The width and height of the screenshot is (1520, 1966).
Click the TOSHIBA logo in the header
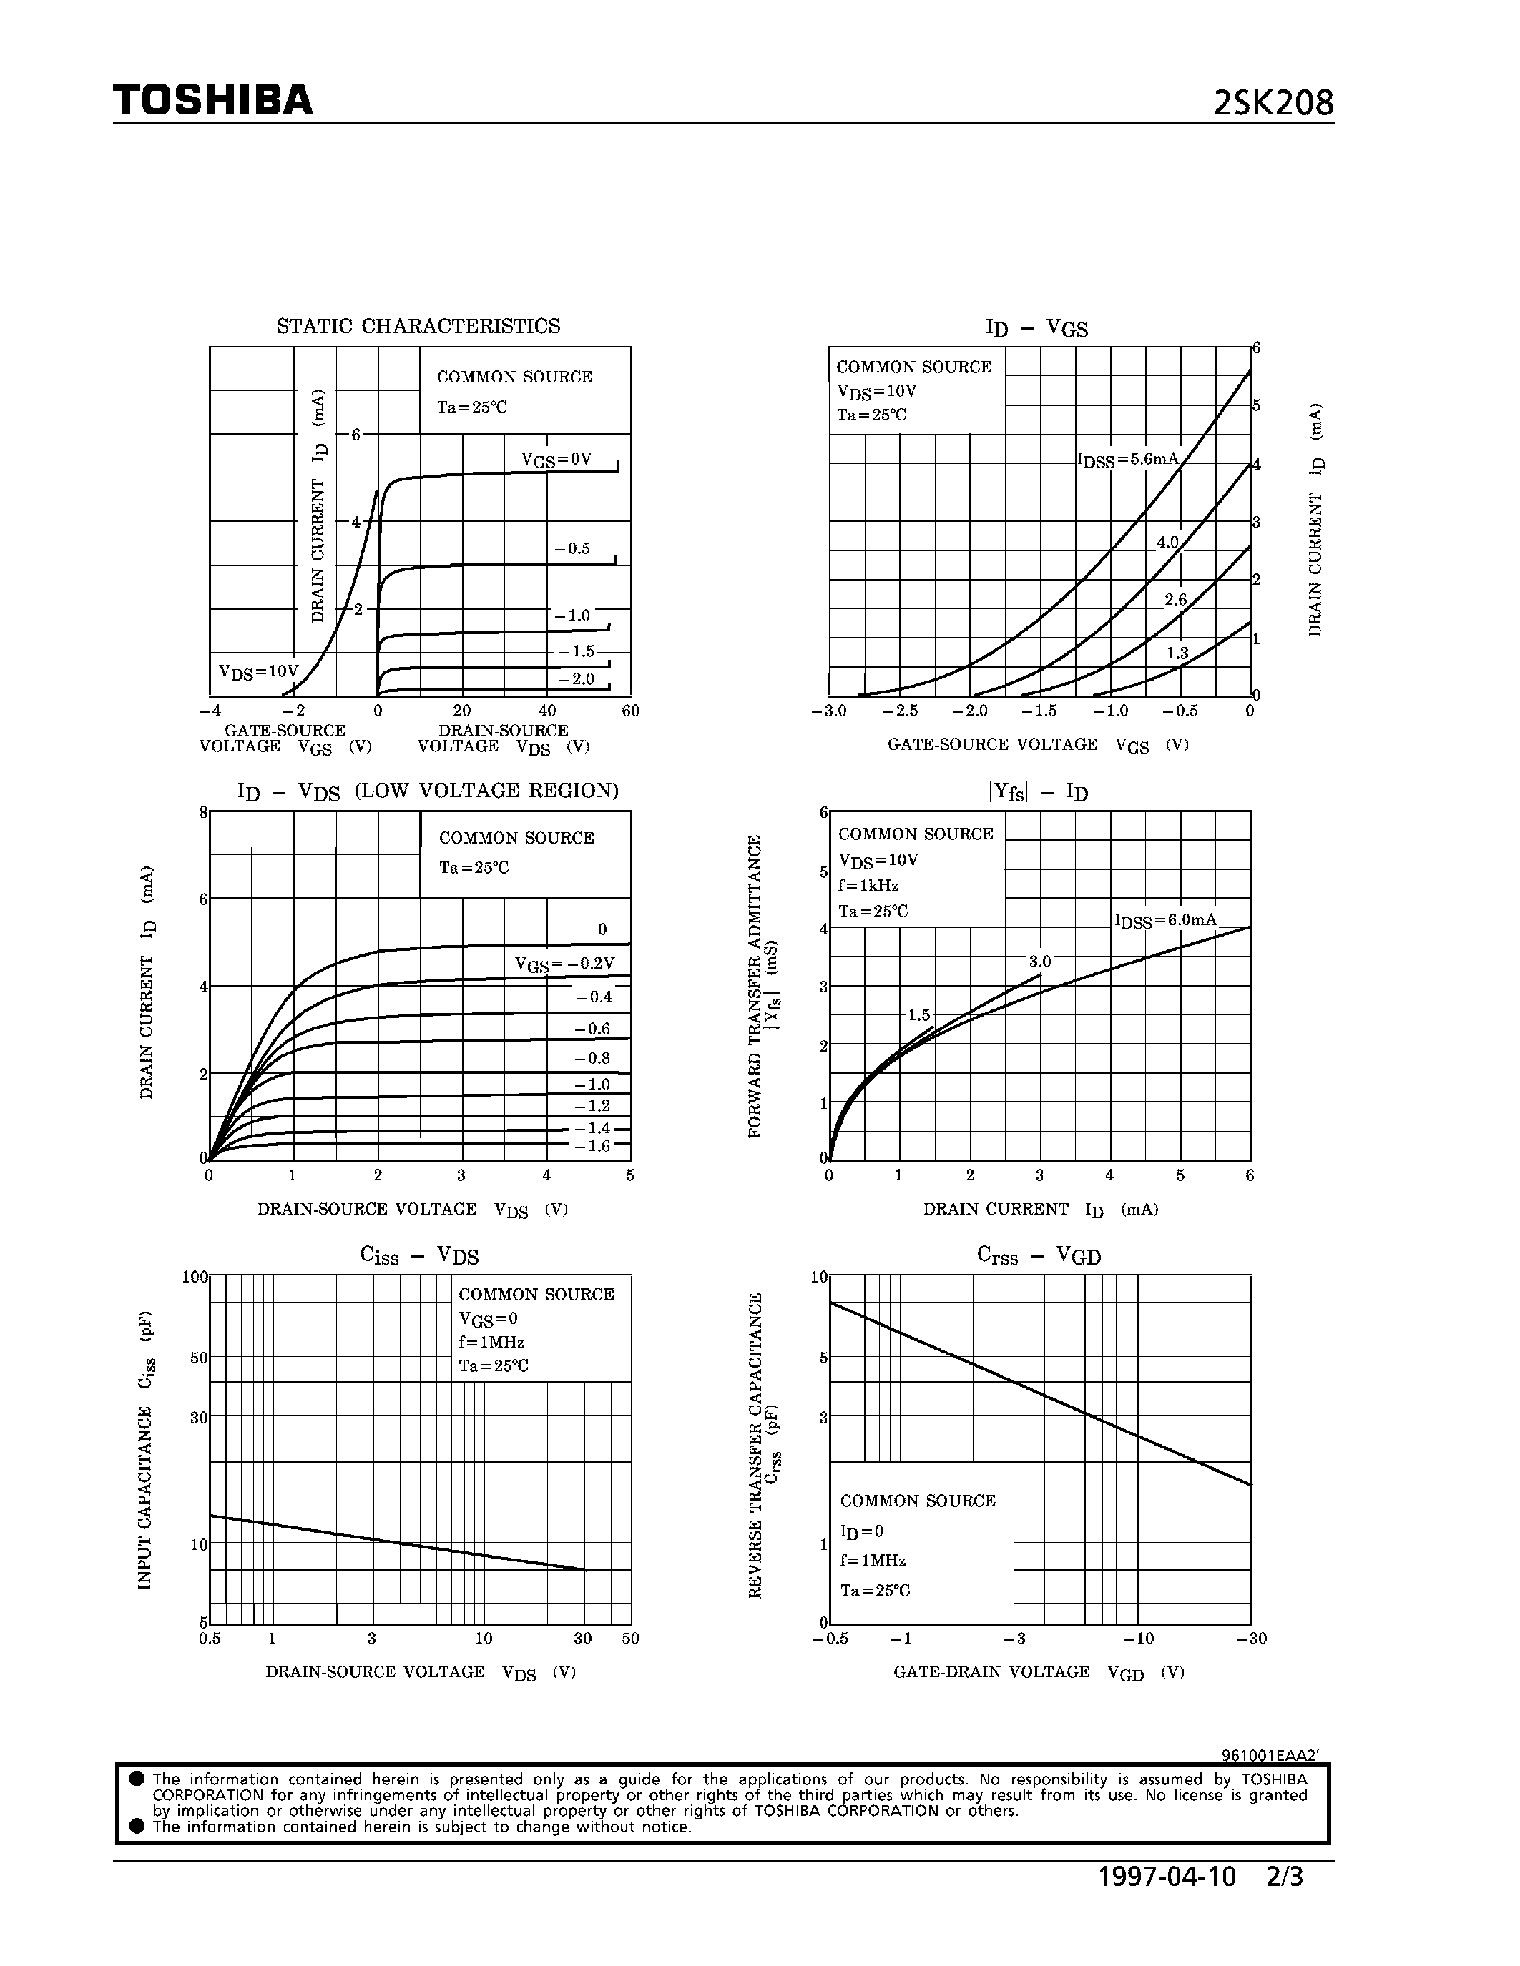tap(212, 100)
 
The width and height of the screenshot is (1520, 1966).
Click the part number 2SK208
tap(1273, 104)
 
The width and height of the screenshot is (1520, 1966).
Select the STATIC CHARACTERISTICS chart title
tap(418, 326)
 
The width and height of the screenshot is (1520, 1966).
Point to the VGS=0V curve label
tap(556, 460)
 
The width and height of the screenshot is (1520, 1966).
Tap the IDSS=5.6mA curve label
tap(1128, 460)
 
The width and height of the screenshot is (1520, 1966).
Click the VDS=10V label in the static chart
tap(258, 671)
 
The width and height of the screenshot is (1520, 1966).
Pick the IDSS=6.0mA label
tap(1165, 920)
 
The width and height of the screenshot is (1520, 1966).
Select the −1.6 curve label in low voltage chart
tap(592, 1146)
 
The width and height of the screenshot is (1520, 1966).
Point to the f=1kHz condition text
tap(869, 886)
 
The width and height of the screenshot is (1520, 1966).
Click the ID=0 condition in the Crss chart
tap(862, 1531)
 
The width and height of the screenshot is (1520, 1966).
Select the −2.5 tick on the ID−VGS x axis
tap(900, 711)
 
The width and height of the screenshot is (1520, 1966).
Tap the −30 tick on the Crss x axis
tap(1251, 1639)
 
